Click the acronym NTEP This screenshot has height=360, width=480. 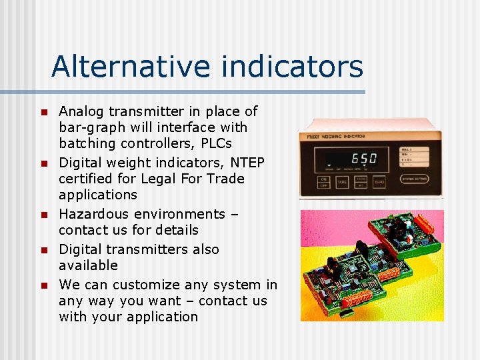[246, 163]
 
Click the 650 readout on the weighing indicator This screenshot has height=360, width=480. [363, 159]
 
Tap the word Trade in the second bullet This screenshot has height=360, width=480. [225, 179]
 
